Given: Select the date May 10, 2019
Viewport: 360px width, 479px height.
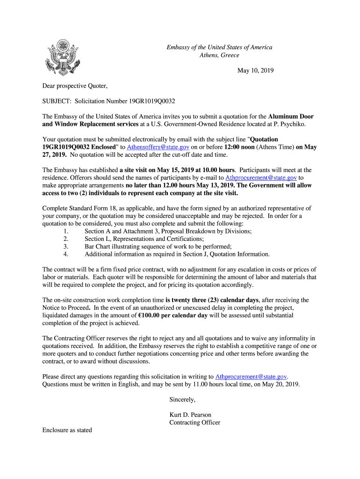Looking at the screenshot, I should pyautogui.click(x=255, y=71).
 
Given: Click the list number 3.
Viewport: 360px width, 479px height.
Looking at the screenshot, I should pyautogui.click(x=66, y=247).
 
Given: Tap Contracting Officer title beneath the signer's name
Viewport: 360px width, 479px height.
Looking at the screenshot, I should pyautogui.click(x=194, y=422).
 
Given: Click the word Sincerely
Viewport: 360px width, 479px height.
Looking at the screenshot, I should pyautogui.click(x=182, y=399).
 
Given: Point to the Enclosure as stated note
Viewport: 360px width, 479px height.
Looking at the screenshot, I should pyautogui.click(x=67, y=430).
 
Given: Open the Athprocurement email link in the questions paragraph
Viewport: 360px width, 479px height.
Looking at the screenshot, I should pyautogui.click(x=251, y=377).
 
